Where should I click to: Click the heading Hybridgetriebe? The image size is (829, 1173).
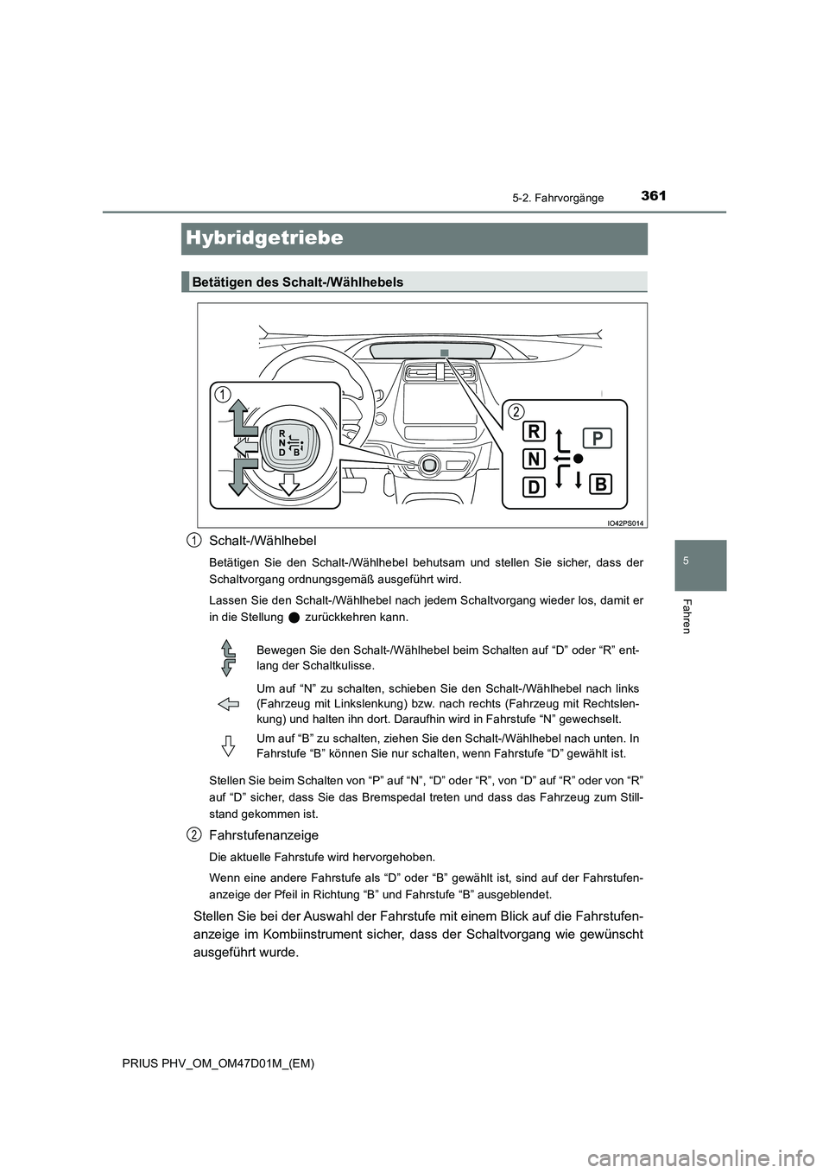[x=264, y=238]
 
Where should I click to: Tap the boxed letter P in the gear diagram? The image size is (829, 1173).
[x=597, y=438]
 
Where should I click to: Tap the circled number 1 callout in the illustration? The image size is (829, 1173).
[x=224, y=394]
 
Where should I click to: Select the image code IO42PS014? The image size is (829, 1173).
[x=625, y=523]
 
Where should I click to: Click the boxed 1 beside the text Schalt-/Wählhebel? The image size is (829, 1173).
[x=193, y=540]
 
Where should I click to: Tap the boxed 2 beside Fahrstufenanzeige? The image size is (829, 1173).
[x=193, y=834]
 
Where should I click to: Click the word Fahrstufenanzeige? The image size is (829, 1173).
[x=264, y=835]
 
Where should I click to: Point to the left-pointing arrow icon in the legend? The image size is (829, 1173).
[x=229, y=705]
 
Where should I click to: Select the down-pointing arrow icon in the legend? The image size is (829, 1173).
[x=229, y=745]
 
